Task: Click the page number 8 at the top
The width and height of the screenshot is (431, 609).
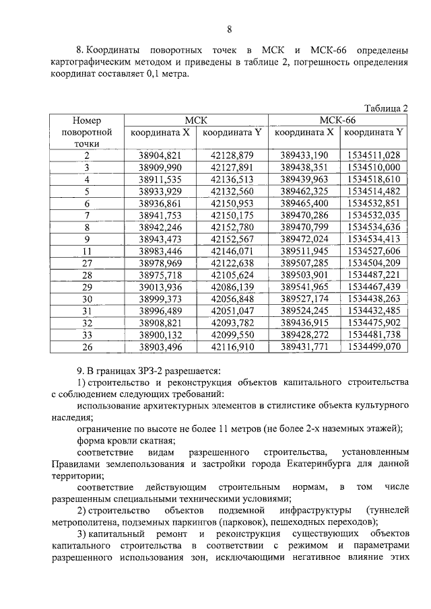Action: [x=228, y=30]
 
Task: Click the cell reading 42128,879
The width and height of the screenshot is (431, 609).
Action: [x=232, y=155]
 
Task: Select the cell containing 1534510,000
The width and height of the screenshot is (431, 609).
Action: [x=374, y=167]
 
